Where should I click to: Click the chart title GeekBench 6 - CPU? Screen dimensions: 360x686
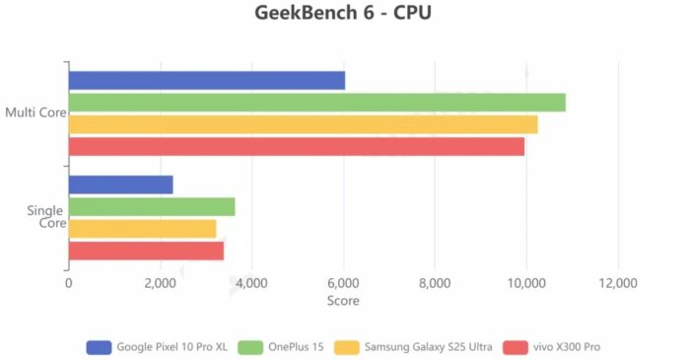(x=342, y=14)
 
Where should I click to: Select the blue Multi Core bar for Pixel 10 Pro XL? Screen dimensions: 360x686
(x=206, y=81)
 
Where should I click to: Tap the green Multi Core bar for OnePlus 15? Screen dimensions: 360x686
(x=316, y=103)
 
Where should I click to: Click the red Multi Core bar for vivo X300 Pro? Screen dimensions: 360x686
(x=296, y=146)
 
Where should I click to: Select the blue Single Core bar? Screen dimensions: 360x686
(x=120, y=184)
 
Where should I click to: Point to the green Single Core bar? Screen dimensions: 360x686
(x=152, y=206)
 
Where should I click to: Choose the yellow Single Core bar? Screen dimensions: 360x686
(x=142, y=229)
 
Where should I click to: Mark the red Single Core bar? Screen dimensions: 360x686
(x=146, y=251)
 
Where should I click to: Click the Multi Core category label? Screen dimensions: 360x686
(x=34, y=113)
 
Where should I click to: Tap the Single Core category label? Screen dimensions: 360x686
(x=46, y=217)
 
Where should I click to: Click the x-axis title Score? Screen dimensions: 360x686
(x=343, y=301)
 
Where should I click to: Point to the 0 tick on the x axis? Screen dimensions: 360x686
(x=68, y=283)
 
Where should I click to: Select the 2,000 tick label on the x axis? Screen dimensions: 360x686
(x=160, y=283)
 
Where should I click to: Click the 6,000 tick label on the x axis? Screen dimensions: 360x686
(x=343, y=283)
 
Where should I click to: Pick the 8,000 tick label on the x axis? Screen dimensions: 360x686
(x=435, y=283)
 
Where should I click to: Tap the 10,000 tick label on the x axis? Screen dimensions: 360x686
(x=526, y=283)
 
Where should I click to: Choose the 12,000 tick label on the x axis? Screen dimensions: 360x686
(x=618, y=283)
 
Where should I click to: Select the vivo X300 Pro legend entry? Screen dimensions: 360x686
(x=551, y=347)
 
